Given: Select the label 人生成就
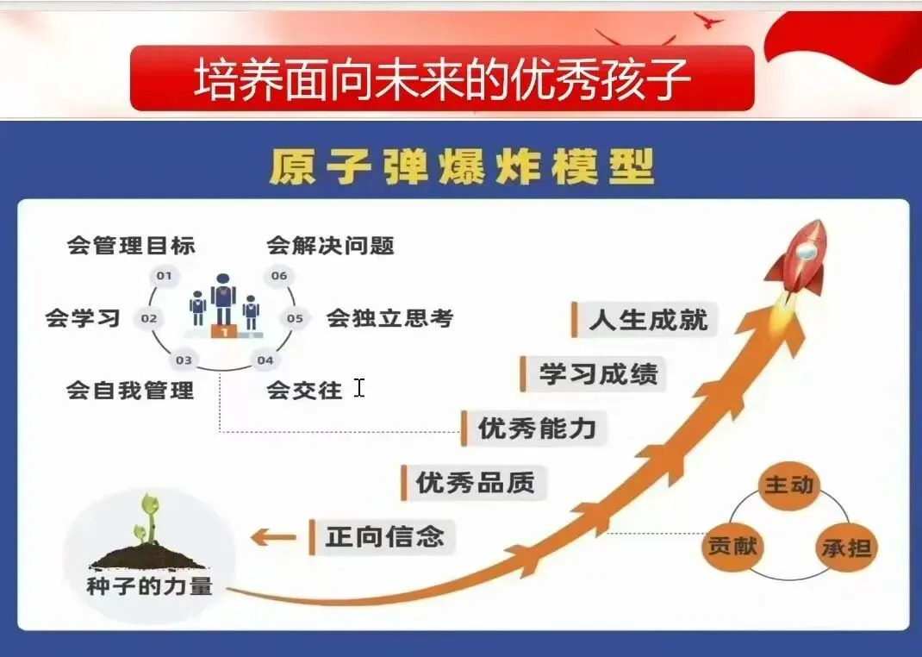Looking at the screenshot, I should [x=648, y=319].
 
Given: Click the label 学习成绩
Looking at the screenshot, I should [x=597, y=373].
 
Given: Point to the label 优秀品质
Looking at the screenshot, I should [x=475, y=482].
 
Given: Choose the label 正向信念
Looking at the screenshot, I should [x=384, y=537].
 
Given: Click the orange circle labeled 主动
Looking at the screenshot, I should [x=788, y=485].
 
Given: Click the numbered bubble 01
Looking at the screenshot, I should [x=164, y=276].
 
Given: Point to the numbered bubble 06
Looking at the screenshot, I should [x=278, y=276].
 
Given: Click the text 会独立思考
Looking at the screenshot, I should [x=389, y=318].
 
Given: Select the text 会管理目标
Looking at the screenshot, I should [x=131, y=245].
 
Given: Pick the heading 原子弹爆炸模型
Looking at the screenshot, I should [x=461, y=166].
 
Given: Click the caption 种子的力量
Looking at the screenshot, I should [x=149, y=587].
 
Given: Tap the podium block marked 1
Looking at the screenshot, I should [x=224, y=331].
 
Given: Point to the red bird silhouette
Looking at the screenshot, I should [x=709, y=21].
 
